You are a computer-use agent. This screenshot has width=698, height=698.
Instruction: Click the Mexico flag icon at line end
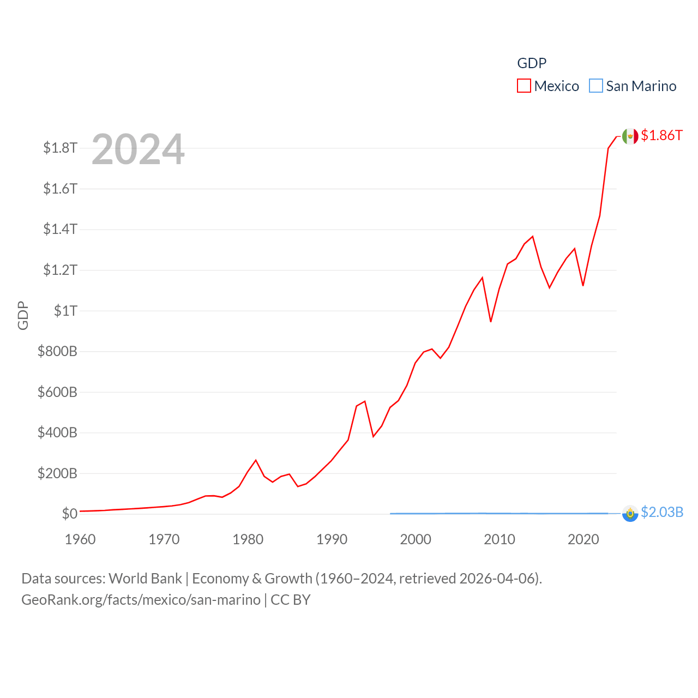(630, 136)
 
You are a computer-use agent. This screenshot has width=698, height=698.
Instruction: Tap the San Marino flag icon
(630, 514)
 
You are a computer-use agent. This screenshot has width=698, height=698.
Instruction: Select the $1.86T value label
(661, 135)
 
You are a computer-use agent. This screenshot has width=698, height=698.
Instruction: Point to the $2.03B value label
(662, 513)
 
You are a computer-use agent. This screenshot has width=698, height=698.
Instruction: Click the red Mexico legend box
(524, 86)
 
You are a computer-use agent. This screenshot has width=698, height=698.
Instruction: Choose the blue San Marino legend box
(596, 86)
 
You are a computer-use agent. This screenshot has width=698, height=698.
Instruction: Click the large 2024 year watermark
(138, 149)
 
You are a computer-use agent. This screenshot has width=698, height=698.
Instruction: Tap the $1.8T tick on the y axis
(60, 148)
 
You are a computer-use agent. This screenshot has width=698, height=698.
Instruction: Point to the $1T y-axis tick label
(65, 311)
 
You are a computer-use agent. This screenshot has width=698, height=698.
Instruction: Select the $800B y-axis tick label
(57, 351)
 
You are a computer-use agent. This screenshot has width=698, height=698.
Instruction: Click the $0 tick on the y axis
(69, 514)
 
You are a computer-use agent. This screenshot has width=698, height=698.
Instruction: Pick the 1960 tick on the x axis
(80, 540)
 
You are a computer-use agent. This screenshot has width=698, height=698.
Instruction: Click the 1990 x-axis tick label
(332, 540)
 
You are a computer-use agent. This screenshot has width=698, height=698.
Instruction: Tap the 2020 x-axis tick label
(583, 540)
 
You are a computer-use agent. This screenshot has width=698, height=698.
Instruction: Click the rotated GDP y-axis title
(23, 315)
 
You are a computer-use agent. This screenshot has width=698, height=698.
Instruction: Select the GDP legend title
(532, 63)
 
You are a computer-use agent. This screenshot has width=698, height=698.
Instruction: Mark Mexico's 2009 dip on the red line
(491, 322)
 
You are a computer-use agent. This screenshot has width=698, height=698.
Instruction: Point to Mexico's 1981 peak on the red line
(256, 460)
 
